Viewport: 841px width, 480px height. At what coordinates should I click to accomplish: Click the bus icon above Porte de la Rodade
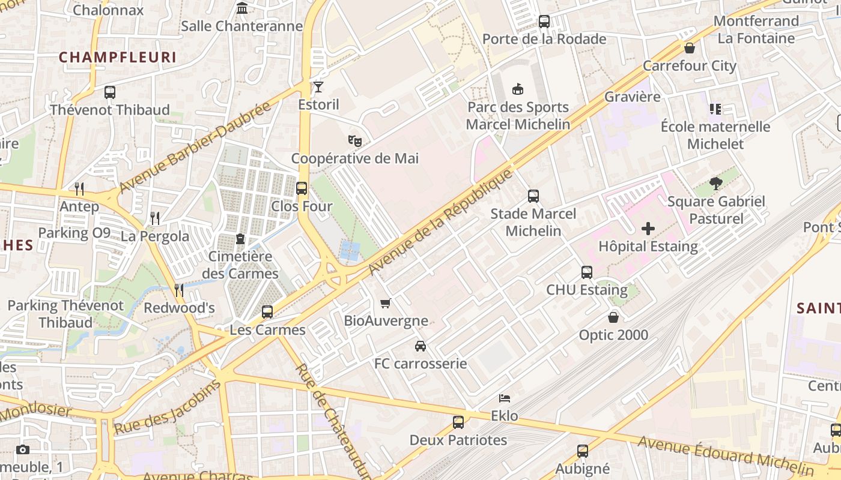[544, 22]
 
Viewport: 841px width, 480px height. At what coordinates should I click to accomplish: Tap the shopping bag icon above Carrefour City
[690, 48]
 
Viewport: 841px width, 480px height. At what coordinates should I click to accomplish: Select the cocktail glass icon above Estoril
[318, 87]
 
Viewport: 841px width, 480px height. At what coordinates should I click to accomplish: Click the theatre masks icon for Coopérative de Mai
[355, 141]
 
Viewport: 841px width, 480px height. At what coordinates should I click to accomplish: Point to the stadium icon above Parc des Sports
[517, 89]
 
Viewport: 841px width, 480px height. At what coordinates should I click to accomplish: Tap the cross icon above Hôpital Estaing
[648, 229]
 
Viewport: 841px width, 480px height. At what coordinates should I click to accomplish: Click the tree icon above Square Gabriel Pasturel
[715, 184]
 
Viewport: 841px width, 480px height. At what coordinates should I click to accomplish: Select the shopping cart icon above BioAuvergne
[386, 303]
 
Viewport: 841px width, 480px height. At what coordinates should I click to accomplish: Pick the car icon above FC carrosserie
[421, 346]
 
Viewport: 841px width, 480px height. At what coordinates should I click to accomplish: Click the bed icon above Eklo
[505, 398]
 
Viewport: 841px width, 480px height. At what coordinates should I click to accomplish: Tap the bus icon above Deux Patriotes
[458, 422]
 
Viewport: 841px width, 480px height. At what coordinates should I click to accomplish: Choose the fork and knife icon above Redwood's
[179, 290]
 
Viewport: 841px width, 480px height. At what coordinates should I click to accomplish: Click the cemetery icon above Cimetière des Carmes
[240, 239]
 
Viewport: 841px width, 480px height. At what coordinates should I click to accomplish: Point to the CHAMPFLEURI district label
[118, 57]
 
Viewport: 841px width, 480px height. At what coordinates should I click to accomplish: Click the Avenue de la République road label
[442, 222]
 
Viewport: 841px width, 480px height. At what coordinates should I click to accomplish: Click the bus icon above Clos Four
[302, 188]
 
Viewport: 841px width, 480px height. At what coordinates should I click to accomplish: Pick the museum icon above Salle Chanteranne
[242, 8]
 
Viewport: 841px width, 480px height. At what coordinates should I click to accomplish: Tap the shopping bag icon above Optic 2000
[613, 317]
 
